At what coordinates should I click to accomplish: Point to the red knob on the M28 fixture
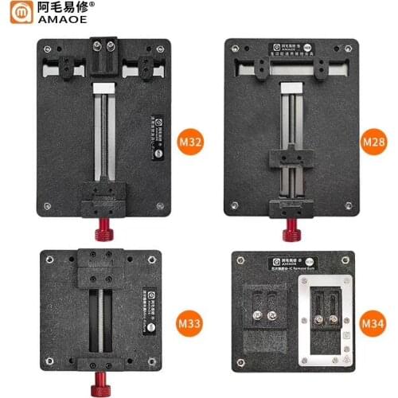click(292, 232)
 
